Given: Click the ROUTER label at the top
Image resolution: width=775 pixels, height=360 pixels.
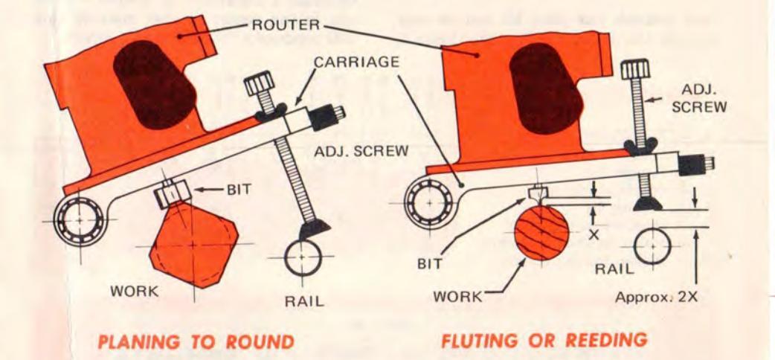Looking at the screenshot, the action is pos(285,24).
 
